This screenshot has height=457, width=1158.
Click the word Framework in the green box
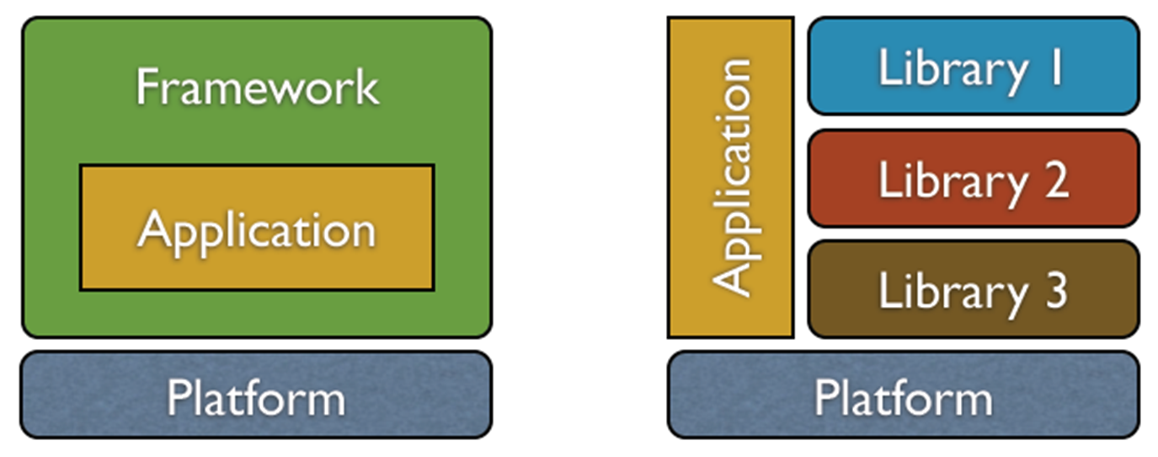point(257,88)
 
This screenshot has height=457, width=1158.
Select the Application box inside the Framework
point(257,228)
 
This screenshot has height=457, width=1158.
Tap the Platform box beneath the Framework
point(256,395)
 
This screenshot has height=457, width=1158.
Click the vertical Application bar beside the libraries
point(730,177)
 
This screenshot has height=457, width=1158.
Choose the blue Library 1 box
point(973,66)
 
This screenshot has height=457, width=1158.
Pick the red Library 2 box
point(973,178)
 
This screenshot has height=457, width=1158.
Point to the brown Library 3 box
point(973,289)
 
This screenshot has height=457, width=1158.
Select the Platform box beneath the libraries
point(903,395)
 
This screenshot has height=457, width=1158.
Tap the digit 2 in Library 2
point(1053,179)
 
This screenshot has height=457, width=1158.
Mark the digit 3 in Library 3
point(1054,290)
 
